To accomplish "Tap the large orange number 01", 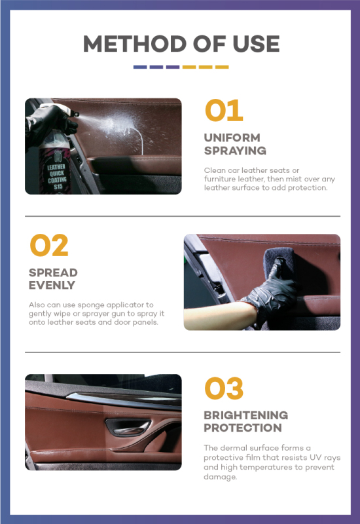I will point(224,111).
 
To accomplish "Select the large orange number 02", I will point(49,246).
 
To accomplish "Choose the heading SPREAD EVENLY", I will point(53,279).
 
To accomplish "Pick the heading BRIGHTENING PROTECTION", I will point(245,421).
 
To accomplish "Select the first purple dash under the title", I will point(139,67).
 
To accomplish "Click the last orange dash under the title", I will point(221,67).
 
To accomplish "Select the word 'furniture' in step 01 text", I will point(223,178).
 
